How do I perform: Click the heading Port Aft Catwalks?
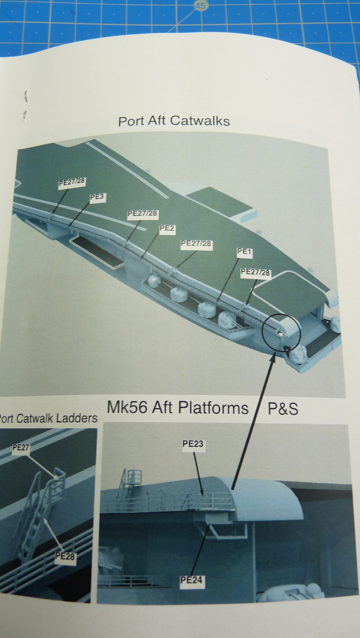[174, 121]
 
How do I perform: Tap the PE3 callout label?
[97, 197]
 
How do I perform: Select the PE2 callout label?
[167, 228]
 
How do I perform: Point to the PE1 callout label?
[244, 252]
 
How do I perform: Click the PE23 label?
[193, 444]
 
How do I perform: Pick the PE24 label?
[191, 580]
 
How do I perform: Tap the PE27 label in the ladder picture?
[21, 447]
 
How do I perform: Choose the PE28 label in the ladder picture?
[65, 556]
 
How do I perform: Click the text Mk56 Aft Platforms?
[178, 408]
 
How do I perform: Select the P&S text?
[283, 409]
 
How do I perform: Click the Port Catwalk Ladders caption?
[48, 418]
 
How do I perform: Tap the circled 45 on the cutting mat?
[201, 6]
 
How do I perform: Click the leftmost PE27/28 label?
[72, 182]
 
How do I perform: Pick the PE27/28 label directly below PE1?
[255, 272]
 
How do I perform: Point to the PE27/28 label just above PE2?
[142, 214]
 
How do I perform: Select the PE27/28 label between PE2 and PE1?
[196, 243]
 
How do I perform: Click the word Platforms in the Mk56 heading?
[213, 408]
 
